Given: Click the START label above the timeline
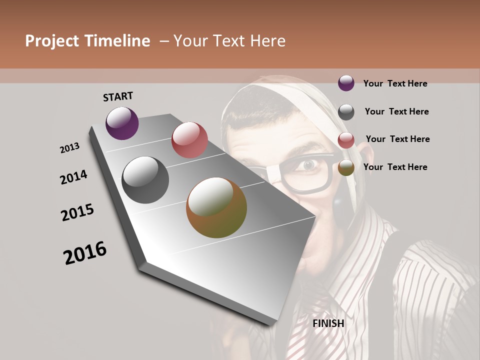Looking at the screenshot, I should pos(118,96).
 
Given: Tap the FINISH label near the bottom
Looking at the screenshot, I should pos(328,323).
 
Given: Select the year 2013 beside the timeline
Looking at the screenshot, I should pos(69,148).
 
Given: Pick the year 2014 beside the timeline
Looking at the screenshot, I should pos(73,177).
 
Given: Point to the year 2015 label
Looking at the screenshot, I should pos(77,212).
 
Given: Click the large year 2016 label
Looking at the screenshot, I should pos(85,253).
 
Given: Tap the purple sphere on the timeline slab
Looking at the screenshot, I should pos(122,123).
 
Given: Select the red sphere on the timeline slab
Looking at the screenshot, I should pos(189,140).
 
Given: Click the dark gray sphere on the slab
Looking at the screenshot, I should pos(145,180).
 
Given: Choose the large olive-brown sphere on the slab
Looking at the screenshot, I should pos(216,207).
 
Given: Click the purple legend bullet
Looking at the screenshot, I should pos(346,83).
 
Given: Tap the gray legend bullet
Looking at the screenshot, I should pos(346,112).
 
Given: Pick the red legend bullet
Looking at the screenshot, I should pos(346,140).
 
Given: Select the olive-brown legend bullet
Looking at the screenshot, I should pos(346,168).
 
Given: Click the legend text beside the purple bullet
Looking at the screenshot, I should pos(395,83).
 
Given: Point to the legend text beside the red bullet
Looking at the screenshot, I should pos(397,139).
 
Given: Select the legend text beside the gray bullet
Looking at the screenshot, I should pos(396,111).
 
